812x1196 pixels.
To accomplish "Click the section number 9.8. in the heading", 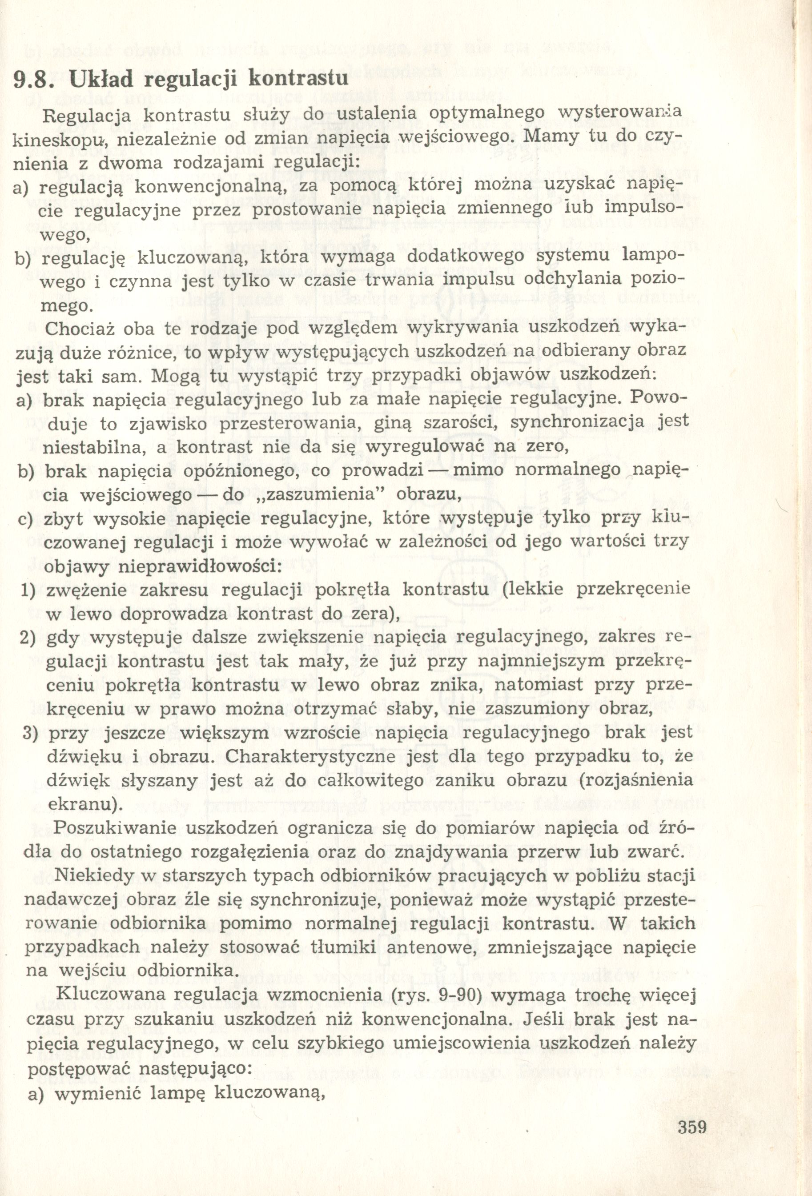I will [36, 79].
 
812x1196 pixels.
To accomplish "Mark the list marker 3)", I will [30, 732].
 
